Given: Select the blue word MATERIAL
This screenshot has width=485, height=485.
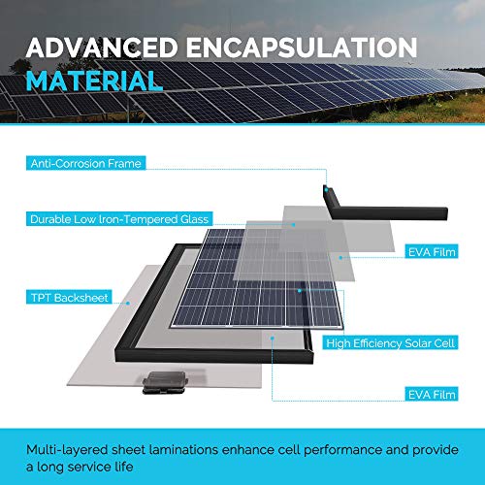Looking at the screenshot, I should (94, 80).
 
